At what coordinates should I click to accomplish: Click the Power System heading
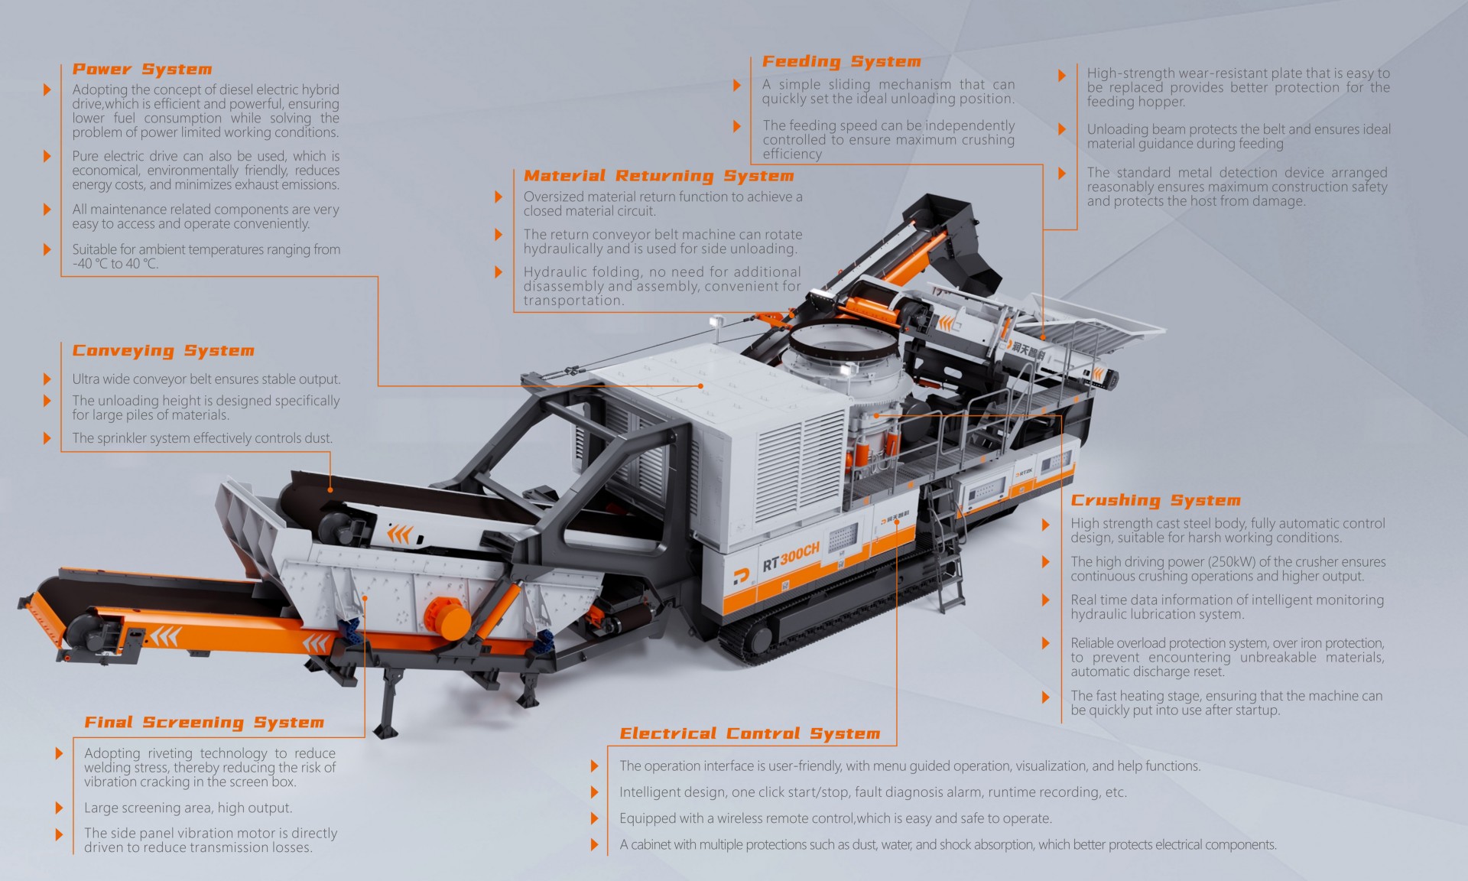[x=142, y=69]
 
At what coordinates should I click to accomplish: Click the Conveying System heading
[x=163, y=351]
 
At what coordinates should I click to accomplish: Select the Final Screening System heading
[x=204, y=723]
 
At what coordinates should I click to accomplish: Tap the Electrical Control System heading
[x=750, y=734]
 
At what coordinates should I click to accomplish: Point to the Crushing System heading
[x=1155, y=501]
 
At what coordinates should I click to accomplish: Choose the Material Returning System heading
[x=659, y=176]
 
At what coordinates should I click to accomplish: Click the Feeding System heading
[x=842, y=62]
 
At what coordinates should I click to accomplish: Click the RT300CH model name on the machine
[x=791, y=557]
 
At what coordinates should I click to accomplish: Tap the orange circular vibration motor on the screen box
[x=447, y=617]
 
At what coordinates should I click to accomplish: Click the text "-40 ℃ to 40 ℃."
[x=115, y=264]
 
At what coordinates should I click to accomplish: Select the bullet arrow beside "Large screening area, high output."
[x=59, y=808]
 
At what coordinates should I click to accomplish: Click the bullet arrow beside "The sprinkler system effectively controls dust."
[x=47, y=438]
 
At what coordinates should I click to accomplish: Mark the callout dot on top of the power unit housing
[x=700, y=386]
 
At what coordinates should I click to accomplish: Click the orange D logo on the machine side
[x=740, y=577]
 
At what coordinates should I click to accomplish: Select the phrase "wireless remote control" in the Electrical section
[x=785, y=818]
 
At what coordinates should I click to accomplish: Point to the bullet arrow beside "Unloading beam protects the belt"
[x=1062, y=129]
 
